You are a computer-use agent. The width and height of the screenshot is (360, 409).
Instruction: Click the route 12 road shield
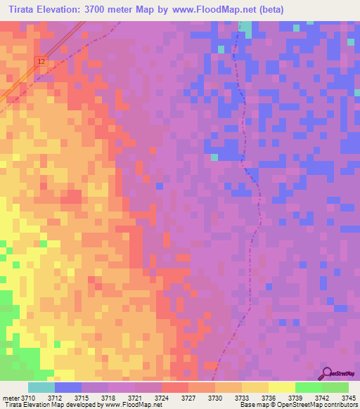41,63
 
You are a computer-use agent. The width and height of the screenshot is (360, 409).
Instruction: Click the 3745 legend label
348,398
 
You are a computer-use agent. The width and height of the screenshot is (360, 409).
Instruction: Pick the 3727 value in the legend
187,398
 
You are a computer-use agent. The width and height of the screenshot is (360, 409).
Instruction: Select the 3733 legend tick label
241,398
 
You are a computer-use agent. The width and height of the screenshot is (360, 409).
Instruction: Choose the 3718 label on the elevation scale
108,398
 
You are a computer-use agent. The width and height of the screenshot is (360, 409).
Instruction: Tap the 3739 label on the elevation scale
295,398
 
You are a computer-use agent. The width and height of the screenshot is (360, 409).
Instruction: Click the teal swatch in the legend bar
41,387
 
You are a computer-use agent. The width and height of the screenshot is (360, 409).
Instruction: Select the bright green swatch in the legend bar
308,387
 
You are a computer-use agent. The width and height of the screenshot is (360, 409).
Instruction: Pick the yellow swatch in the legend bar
281,387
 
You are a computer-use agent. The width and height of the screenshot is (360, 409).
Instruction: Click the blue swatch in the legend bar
68,387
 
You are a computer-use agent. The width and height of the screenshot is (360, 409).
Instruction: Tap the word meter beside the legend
10,398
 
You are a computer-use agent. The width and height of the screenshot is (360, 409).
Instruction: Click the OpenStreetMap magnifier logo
328,373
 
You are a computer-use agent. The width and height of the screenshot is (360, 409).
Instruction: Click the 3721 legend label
134,398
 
